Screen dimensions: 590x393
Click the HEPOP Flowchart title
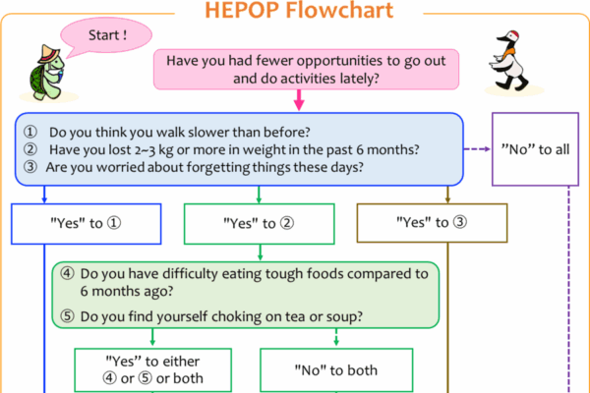point(299,10)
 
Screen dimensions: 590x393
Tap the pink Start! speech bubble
point(106,36)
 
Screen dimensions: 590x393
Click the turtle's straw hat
point(48,54)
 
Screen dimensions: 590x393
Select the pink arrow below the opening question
point(299,99)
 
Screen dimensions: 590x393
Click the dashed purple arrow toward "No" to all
point(477,149)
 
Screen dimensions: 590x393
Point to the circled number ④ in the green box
point(67,273)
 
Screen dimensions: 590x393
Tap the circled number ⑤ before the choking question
point(67,316)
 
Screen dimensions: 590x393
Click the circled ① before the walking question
point(30,132)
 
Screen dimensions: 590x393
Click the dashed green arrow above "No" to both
point(336,337)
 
